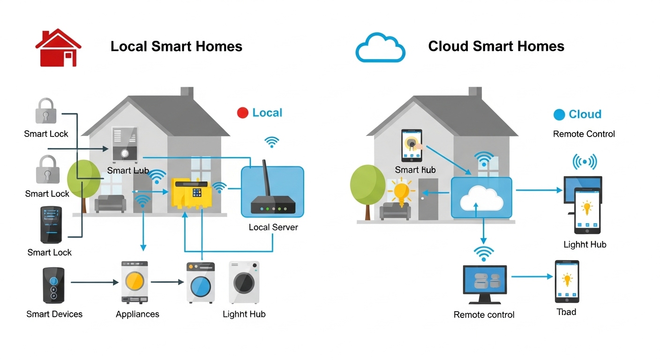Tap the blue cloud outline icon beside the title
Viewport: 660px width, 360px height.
click(380, 48)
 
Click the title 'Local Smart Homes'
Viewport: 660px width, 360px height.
click(176, 46)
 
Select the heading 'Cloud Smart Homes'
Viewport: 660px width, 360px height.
click(496, 46)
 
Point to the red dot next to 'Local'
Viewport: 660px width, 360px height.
click(242, 113)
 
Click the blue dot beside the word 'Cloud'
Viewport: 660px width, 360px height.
click(559, 114)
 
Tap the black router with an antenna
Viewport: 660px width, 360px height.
click(273, 202)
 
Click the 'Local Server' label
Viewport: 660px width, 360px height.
click(273, 227)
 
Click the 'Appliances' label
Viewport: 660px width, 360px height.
click(137, 314)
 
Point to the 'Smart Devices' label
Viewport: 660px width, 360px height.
click(54, 314)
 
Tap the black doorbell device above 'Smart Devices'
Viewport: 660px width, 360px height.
click(53, 285)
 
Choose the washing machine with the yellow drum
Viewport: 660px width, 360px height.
click(135, 282)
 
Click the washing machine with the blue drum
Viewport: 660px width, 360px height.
click(201, 283)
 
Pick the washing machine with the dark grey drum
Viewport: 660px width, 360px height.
click(244, 283)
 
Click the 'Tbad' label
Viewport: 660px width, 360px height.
click(566, 312)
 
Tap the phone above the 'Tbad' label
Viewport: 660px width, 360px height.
click(567, 282)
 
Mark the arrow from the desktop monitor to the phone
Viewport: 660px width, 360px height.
click(532, 277)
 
